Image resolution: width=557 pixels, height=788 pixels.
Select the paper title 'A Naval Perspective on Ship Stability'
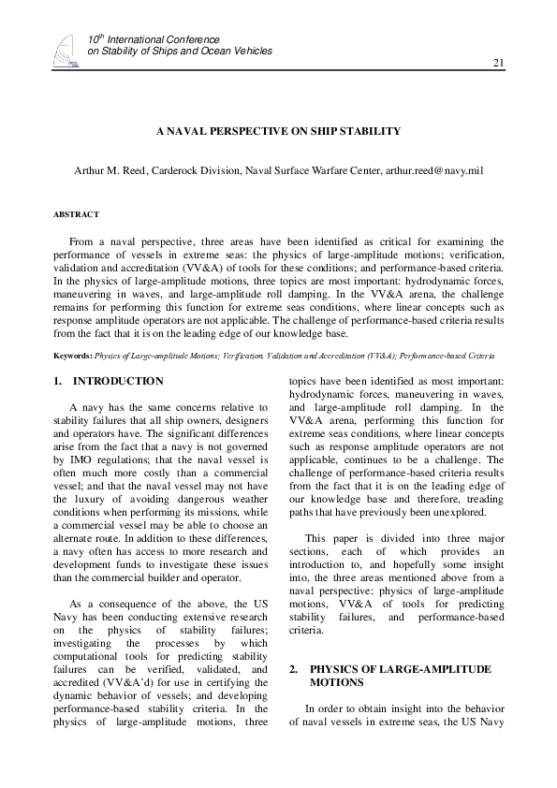tap(279, 131)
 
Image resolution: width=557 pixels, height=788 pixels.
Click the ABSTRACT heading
tap(76, 214)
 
